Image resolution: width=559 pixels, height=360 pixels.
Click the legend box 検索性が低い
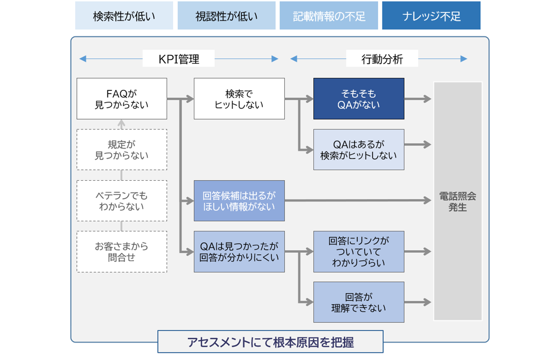tap(124, 16)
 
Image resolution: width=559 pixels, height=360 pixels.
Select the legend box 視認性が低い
tap(226, 16)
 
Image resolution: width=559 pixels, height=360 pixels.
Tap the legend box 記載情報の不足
tap(329, 16)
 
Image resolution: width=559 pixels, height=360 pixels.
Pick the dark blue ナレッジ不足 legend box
tap(431, 16)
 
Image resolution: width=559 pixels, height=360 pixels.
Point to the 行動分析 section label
tap(382, 59)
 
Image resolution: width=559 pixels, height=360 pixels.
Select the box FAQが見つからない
tap(122, 99)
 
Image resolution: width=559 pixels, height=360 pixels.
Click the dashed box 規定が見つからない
tap(122, 149)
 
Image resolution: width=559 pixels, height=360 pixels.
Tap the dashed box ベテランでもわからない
tap(122, 201)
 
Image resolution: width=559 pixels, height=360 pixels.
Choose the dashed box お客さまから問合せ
tap(122, 251)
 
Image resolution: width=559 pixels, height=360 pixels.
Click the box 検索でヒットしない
tap(239, 99)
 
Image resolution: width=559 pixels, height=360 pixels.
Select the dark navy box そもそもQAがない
tap(359, 99)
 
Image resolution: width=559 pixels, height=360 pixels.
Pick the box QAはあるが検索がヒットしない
tap(359, 149)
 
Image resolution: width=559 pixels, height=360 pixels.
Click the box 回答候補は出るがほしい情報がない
tap(239, 201)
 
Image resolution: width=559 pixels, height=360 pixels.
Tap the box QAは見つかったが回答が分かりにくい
tap(239, 251)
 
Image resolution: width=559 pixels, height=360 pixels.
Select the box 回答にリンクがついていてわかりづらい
tap(359, 251)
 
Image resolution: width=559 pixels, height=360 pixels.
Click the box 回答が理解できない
tap(359, 302)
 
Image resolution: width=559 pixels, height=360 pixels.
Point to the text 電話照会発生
tap(457, 202)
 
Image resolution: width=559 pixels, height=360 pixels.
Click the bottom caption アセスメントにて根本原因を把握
tap(270, 342)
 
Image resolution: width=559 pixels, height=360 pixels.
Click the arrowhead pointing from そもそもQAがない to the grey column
tap(427, 99)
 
